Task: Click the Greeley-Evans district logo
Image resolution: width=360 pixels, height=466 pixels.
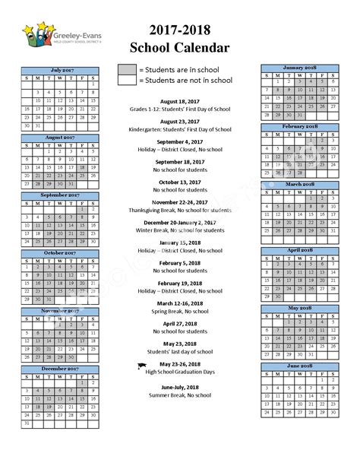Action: pyautogui.click(x=53, y=36)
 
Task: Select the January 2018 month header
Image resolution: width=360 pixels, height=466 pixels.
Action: pyautogui.click(x=299, y=68)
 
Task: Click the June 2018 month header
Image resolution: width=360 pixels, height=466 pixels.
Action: pyautogui.click(x=299, y=366)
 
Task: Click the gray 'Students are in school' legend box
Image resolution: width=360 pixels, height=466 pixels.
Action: pyautogui.click(x=127, y=70)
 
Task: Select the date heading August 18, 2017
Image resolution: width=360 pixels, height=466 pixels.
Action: pyautogui.click(x=181, y=101)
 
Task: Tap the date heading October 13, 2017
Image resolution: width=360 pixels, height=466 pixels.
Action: pyautogui.click(x=181, y=182)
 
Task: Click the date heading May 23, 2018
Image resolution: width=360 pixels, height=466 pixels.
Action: pyautogui.click(x=181, y=344)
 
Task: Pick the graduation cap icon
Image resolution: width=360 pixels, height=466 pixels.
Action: pyautogui.click(x=141, y=366)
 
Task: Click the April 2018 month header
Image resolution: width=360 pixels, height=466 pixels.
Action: pyautogui.click(x=299, y=249)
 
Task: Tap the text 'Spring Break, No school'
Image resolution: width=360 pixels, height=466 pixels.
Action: pyautogui.click(x=181, y=312)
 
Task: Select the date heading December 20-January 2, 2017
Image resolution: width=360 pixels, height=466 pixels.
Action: pyautogui.click(x=181, y=223)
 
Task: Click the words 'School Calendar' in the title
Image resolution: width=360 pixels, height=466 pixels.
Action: pyautogui.click(x=179, y=49)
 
